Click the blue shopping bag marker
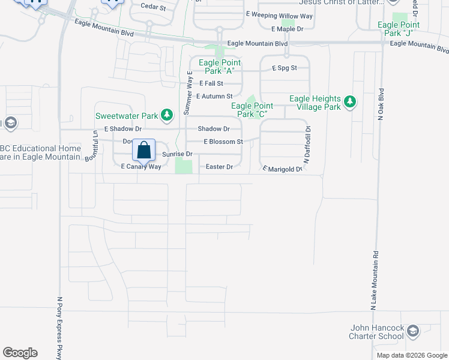pos(144,150)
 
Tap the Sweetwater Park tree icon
pos(169,114)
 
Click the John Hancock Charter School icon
pos(412,331)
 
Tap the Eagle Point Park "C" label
pos(252,110)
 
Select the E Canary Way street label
pos(141,167)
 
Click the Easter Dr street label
pos(219,167)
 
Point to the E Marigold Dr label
pos(283,169)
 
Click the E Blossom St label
pos(223,142)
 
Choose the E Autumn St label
pos(214,96)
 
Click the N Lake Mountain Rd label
pos(373,280)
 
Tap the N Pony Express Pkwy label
pos(60,328)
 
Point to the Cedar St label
pos(153,7)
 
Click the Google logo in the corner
pos(20,353)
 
